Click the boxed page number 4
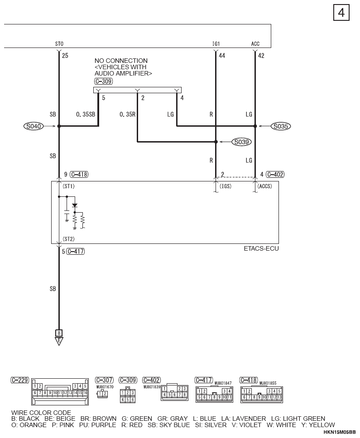[x=341, y=13]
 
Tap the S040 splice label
[x=34, y=127]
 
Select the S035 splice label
[x=281, y=127]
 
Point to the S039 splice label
[x=241, y=142]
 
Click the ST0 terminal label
[x=59, y=44]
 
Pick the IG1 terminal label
[x=216, y=44]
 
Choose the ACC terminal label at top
[x=255, y=44]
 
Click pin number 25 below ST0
[x=65, y=56]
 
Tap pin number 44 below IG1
[x=222, y=56]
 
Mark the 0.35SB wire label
[x=86, y=115]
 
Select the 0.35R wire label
[x=127, y=115]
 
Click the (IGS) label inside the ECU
[x=226, y=186]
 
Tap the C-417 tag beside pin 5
[x=76, y=252]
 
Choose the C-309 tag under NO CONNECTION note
[x=104, y=81]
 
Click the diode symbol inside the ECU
[x=75, y=205]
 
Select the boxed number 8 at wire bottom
[x=58, y=333]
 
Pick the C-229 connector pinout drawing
[x=58, y=391]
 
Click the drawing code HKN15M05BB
[x=340, y=433]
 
